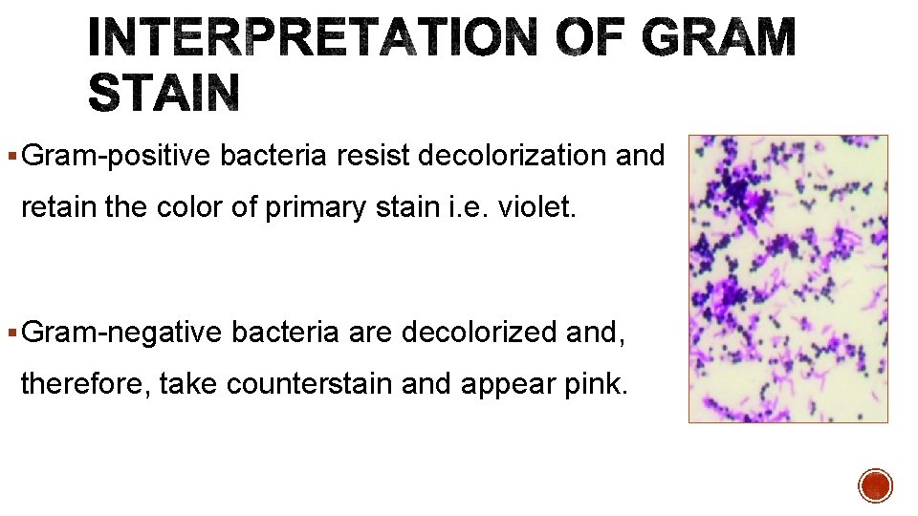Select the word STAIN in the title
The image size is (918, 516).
click(x=163, y=94)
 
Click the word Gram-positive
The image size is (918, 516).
click(x=116, y=155)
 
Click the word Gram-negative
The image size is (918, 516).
click(x=121, y=332)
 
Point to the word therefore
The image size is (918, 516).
click(x=83, y=384)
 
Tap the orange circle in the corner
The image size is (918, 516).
click(x=875, y=485)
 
